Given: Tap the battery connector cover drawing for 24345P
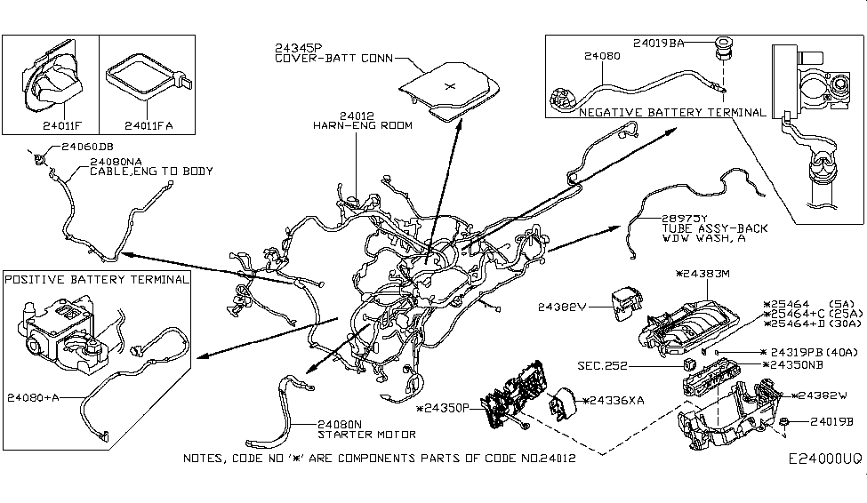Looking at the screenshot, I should point(450,89).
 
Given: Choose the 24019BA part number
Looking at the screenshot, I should point(659,42).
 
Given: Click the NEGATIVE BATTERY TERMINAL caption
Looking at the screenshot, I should point(671,113).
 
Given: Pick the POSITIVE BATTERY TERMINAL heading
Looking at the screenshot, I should point(97,279).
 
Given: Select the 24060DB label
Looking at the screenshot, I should point(87,145).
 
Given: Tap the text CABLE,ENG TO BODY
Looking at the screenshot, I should point(151,172).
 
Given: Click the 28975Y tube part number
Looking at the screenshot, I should point(684,218).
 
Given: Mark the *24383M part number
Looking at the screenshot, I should point(702,274).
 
